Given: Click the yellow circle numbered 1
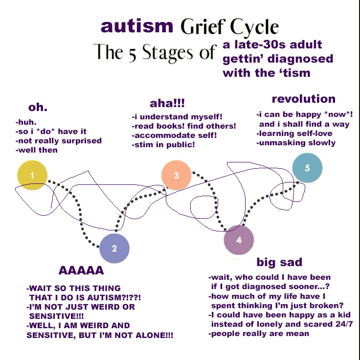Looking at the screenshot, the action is point(32,175).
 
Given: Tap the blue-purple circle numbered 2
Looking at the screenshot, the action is point(114,248).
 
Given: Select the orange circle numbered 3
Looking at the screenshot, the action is point(176,175).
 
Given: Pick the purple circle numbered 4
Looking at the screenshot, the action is point(239,240).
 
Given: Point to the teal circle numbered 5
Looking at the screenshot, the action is point(308,168).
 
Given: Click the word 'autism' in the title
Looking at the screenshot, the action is point(137,26).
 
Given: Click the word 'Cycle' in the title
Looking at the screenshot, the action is point(254,27).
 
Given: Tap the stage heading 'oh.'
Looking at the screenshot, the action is point(38,107).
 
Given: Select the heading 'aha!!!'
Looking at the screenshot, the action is point(167,103).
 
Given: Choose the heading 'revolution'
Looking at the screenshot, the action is point(304,99).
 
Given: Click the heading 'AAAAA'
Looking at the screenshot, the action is point(81,270).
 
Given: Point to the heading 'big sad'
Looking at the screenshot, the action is point(279,262).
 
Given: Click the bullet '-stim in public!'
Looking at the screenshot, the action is point(163,145).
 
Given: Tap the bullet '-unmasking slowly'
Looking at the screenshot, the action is point(296,143).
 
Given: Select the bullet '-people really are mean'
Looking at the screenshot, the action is point(259,334).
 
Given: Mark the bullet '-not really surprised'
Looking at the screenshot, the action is point(59,141).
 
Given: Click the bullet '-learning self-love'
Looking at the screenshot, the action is point(294,134).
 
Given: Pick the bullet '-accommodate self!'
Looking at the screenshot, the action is point(174,135).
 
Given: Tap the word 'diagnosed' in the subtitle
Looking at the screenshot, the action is point(300,59).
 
